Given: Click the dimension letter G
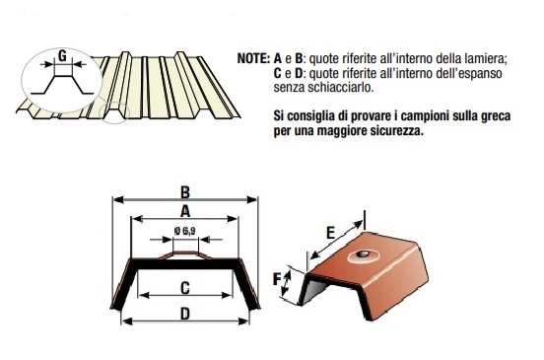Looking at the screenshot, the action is (x=62, y=55).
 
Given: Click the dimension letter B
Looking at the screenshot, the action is (x=185, y=192).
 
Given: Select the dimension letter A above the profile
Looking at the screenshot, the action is (x=185, y=211).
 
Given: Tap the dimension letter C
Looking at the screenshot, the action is (x=185, y=288).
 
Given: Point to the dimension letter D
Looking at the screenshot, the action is (x=185, y=315).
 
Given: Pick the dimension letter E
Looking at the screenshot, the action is (x=330, y=233).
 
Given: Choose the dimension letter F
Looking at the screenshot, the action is (x=277, y=279).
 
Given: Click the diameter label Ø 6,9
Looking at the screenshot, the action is (x=184, y=231).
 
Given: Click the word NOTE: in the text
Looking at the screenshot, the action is (x=253, y=58).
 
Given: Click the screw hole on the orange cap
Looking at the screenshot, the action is (x=363, y=254).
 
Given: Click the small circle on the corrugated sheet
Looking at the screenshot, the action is (x=114, y=112).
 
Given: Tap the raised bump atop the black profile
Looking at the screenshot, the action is (x=185, y=254).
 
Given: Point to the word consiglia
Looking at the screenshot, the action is (x=311, y=115).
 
